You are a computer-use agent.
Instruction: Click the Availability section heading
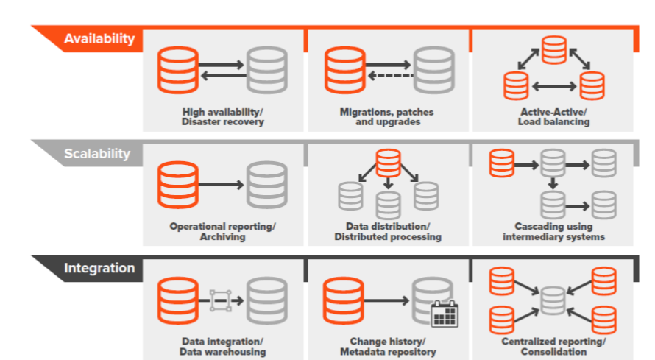[99, 39]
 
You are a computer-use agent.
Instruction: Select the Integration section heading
[99, 268]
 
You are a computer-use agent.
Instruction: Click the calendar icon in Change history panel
[445, 314]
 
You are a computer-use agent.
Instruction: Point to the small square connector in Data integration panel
[221, 300]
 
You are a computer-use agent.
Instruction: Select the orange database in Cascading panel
[500, 163]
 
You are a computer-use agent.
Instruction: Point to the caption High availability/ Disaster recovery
[223, 117]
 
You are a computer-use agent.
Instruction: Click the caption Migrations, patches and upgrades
[387, 117]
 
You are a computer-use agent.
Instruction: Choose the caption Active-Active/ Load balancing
[553, 117]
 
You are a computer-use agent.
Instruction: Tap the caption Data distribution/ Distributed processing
[388, 232]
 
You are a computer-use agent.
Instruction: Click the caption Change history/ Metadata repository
[387, 347]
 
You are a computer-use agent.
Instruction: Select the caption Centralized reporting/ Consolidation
[553, 347]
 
